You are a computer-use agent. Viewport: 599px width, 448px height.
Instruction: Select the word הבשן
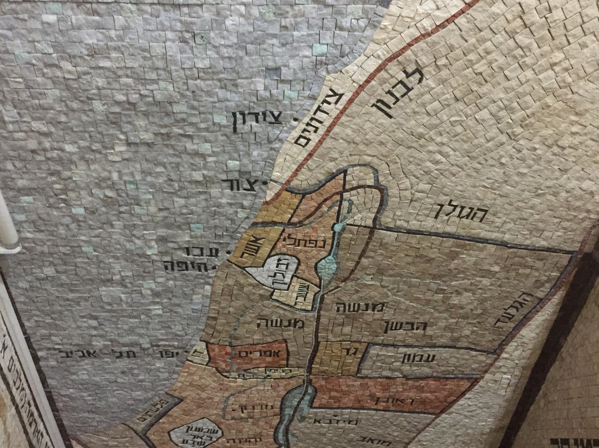click(x=405, y=326)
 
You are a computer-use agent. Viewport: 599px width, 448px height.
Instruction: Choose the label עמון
click(x=419, y=358)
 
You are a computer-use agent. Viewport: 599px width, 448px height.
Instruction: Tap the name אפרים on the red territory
click(x=256, y=353)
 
